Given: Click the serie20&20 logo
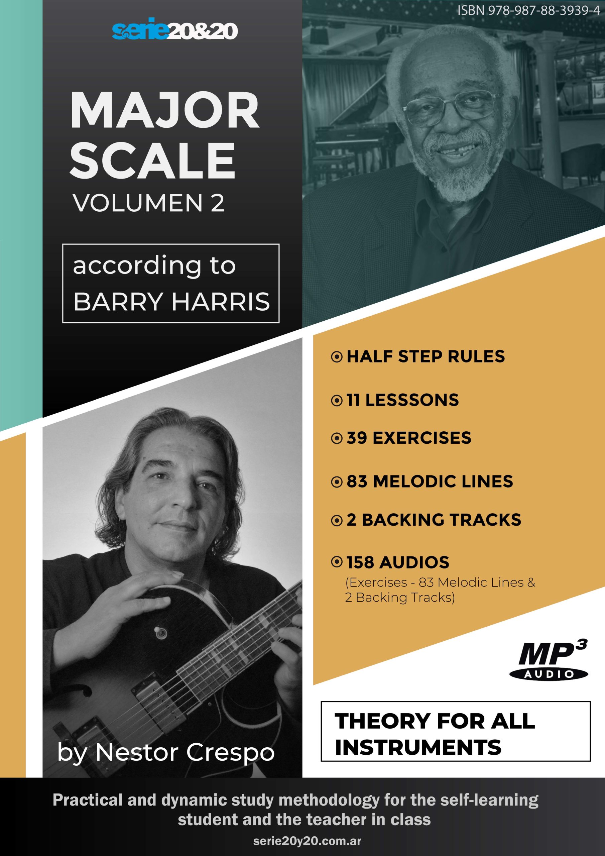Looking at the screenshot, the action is [174, 29].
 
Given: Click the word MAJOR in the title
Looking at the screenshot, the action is [164, 111].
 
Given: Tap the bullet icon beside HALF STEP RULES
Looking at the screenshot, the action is [337, 357].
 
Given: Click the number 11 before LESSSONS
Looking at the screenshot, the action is [353, 400].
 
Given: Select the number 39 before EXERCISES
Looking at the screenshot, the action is [357, 438].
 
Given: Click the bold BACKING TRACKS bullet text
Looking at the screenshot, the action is [441, 520].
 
